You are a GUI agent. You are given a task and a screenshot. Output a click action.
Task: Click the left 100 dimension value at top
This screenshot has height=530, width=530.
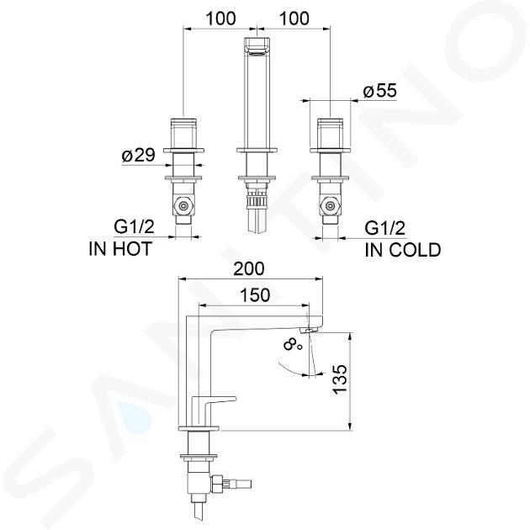coord(220,19)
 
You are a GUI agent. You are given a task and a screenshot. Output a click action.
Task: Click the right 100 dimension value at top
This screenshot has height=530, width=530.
coord(294,19)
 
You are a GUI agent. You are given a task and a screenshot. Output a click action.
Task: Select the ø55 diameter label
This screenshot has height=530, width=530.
coord(380,91)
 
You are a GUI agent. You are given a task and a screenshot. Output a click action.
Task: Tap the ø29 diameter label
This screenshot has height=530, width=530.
coord(139,155)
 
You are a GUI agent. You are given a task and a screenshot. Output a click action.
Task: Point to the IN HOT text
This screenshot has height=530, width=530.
coord(120,249)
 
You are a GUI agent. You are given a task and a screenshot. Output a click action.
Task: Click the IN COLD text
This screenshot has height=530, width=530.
coord(403,250)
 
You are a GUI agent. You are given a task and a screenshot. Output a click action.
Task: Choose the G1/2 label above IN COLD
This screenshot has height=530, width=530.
coord(384,228)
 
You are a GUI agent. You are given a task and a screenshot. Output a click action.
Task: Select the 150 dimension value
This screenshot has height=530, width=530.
coord(255,295)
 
